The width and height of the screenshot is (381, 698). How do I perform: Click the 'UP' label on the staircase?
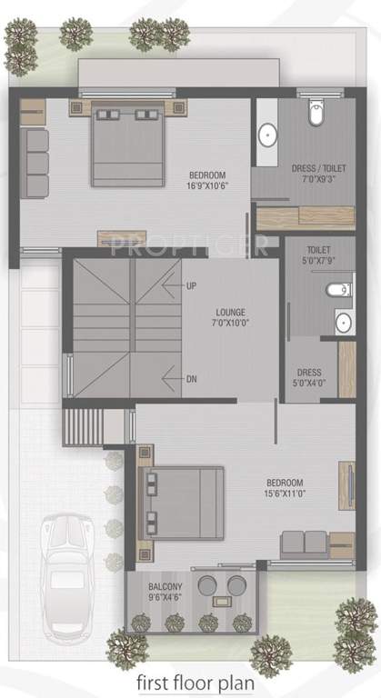click(x=191, y=285)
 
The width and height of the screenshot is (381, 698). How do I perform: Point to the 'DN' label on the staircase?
click(x=191, y=379)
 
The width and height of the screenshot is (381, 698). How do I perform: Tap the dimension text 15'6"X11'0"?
click(x=285, y=494)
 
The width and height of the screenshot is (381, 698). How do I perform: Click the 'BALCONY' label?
click(x=165, y=586)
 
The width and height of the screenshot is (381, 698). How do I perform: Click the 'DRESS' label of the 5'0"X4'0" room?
click(x=308, y=373)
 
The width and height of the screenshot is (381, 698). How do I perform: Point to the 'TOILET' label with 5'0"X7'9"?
click(x=318, y=249)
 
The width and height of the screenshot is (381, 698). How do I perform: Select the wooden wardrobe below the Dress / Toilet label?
click(x=305, y=218)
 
